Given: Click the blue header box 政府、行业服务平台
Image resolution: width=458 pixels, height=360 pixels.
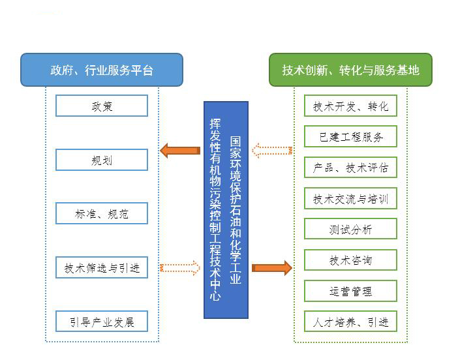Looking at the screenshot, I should click(102, 70).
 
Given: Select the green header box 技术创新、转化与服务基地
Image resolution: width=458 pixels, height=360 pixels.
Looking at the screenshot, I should click(350, 70).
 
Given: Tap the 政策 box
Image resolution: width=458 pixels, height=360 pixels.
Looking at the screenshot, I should click(102, 106).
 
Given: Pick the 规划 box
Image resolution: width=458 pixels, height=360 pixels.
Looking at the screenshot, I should click(102, 159).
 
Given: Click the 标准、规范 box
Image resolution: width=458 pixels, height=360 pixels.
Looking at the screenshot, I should click(102, 213).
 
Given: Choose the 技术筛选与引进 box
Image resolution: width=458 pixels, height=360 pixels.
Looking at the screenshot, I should click(102, 267).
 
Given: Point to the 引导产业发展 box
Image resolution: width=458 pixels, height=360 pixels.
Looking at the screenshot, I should click(102, 322).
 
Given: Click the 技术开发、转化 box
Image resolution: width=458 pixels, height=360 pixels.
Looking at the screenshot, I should click(350, 106).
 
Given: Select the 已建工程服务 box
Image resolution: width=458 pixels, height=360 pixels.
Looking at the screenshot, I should click(350, 137).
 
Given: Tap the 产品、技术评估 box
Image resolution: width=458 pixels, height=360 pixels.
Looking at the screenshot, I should click(350, 168).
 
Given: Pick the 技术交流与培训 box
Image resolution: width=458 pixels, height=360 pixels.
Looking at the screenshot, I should click(350, 198).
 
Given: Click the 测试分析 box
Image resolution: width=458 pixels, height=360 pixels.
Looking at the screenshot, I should click(350, 229).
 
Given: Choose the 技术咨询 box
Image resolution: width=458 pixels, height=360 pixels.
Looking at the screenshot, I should click(350, 260).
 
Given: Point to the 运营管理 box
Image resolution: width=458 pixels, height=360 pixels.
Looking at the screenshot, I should click(350, 291).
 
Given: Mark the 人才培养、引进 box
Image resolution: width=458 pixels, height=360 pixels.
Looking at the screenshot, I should click(350, 322).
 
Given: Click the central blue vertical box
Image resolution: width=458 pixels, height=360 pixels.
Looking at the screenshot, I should click(226, 209).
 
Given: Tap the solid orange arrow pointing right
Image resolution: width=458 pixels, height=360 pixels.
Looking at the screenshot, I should click(271, 267).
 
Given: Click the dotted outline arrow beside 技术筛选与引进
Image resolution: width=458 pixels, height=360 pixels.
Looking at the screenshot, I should click(179, 267).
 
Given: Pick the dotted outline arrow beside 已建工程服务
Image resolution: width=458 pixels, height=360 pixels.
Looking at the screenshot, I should click(271, 151).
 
